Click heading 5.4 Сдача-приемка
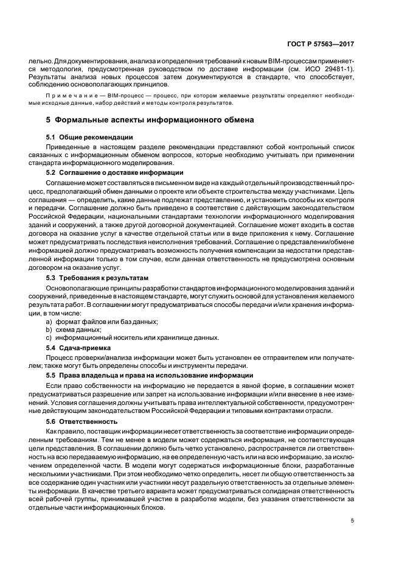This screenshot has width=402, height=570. pyautogui.click(x=77, y=348)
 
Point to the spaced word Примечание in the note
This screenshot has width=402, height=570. pyautogui.click(x=67, y=96)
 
